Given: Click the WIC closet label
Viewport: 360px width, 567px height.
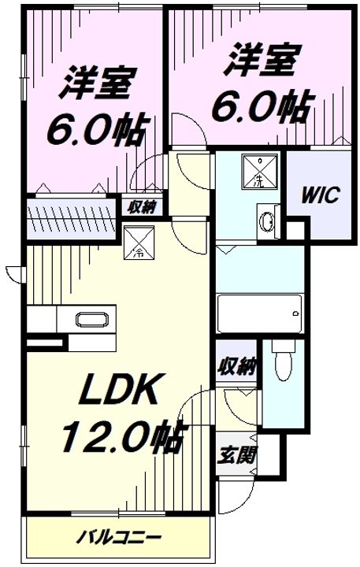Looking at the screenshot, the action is [x=320, y=195].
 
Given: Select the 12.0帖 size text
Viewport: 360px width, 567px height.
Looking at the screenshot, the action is [x=124, y=437].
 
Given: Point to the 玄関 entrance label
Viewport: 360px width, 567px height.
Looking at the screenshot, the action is [x=236, y=454].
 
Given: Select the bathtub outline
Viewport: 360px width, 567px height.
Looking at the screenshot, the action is [x=259, y=313].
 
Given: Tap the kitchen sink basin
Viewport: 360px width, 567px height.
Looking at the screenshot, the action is [x=92, y=319].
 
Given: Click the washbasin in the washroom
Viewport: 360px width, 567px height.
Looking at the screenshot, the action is [x=268, y=220].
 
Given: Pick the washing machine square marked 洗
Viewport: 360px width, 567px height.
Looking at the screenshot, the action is [x=260, y=172].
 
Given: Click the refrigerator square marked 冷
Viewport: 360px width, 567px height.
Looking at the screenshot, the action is [x=139, y=243].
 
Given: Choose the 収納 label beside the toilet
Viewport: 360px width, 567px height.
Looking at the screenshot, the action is [x=236, y=366].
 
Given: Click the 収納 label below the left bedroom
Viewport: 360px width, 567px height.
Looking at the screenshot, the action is [x=142, y=207].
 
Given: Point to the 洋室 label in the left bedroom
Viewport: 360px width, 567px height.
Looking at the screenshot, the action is [x=98, y=83].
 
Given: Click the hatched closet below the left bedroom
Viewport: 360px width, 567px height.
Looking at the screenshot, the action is [x=71, y=219].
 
